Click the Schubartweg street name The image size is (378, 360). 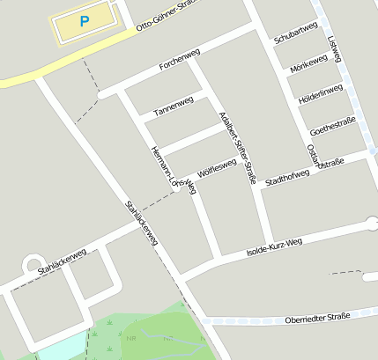tap(295, 34)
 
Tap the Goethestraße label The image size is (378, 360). tap(333, 125)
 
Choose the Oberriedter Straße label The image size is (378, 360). tap(317, 317)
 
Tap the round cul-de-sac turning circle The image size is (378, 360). tap(33, 263)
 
